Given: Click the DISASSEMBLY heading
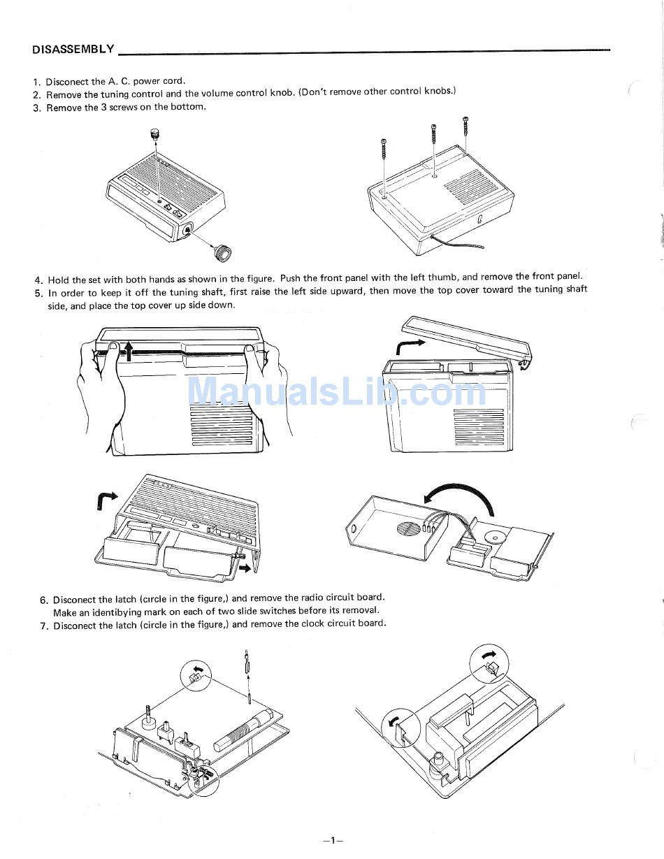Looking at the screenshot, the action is pyautogui.click(x=73, y=49).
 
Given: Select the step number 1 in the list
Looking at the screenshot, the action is pyautogui.click(x=37, y=82).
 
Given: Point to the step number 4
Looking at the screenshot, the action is pyautogui.click(x=38, y=280).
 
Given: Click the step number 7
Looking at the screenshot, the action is pyautogui.click(x=44, y=626).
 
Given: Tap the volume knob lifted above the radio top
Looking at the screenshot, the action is pyautogui.click(x=154, y=134).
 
